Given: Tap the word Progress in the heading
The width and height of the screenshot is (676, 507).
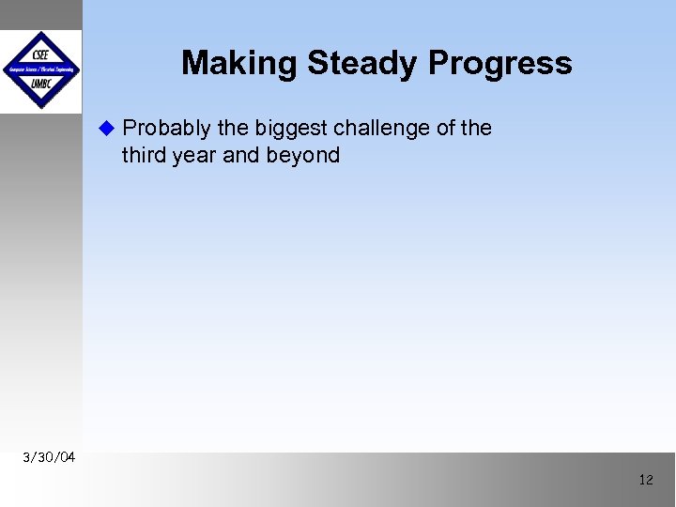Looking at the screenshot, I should tap(499, 63).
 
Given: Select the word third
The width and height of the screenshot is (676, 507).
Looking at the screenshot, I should tap(144, 155).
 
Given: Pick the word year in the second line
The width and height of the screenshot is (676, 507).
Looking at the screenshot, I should tap(194, 156).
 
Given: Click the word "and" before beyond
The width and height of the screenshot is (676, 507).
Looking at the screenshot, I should tap(242, 155).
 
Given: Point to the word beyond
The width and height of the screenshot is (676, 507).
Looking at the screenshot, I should tap(304, 156).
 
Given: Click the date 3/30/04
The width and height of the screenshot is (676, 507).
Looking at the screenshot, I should tap(50, 457).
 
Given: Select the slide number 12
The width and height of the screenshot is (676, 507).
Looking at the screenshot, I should tap(645, 480).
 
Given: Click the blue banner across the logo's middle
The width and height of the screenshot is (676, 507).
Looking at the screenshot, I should tap(40, 69).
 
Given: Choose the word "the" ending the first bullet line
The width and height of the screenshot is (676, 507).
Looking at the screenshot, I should tap(476, 129).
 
